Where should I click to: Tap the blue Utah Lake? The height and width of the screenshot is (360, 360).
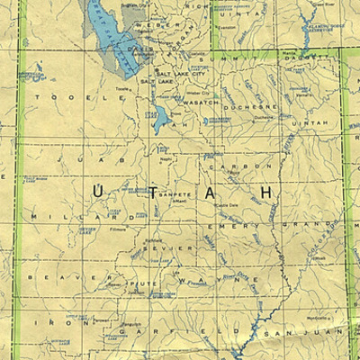click(160, 119)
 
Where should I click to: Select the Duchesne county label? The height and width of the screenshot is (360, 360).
click(256, 105)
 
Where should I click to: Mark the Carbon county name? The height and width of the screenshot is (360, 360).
click(240, 166)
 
